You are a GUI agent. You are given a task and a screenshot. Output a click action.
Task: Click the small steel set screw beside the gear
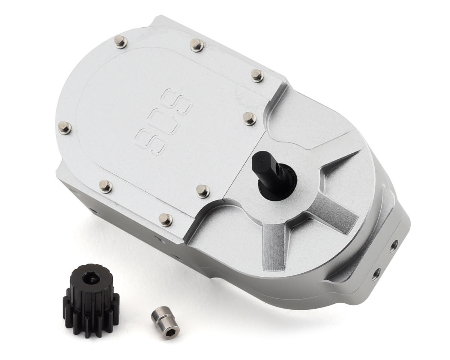pos(165,321)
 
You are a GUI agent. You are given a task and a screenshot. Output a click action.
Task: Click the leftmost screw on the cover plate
pos(65,127)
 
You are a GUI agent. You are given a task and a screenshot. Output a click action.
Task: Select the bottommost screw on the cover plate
pos(165,219)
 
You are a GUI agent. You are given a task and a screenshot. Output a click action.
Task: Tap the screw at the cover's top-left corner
pos(120,41)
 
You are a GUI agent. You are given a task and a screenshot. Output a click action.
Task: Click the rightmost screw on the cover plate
pos(257,75)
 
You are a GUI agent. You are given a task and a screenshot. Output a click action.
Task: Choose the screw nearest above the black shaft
pos(249,118)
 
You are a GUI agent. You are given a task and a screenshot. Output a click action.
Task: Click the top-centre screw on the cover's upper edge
pos(197,45)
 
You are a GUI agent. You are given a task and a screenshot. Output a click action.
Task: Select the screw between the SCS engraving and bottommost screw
pos(203,191)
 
